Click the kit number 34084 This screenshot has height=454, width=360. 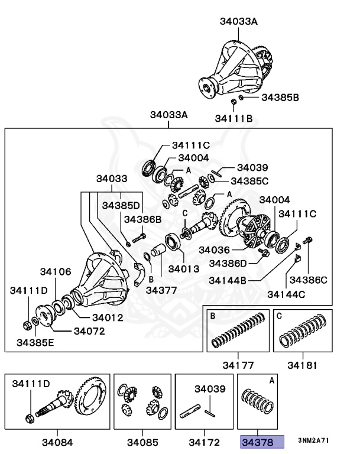click(x=56, y=442)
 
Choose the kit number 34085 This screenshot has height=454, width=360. click(x=142, y=442)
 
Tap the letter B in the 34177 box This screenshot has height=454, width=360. click(x=212, y=316)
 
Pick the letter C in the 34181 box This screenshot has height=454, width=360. click(x=279, y=316)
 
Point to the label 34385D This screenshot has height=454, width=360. click(x=121, y=206)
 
